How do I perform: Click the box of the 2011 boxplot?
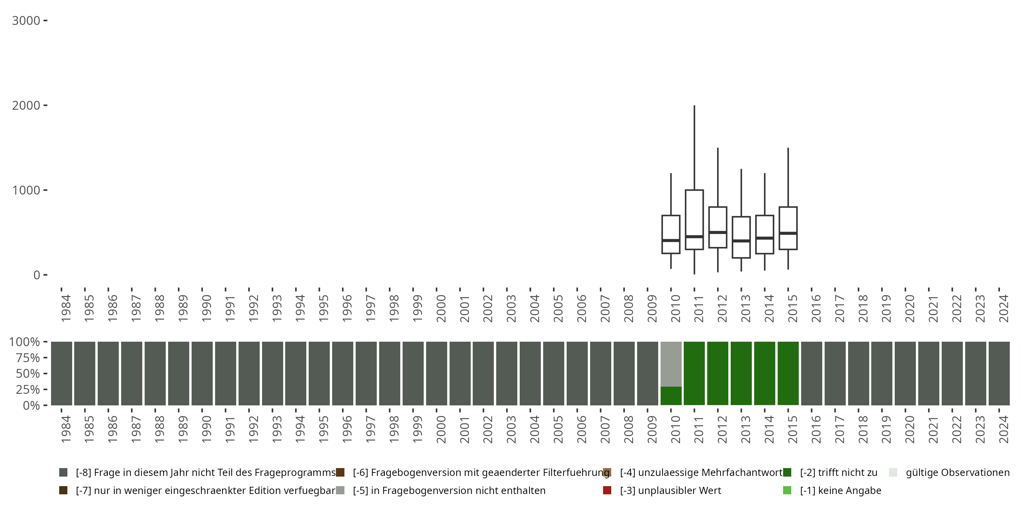[x=694, y=214]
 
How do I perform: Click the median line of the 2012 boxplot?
[x=718, y=232]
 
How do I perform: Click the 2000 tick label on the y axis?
[x=26, y=106]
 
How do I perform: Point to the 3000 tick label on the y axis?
[x=26, y=21]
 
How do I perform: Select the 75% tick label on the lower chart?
[x=25, y=358]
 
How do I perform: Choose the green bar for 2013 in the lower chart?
[x=741, y=373]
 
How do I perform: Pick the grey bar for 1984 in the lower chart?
[x=62, y=373]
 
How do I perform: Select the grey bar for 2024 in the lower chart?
[x=999, y=373]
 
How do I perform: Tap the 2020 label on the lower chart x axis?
[x=909, y=429]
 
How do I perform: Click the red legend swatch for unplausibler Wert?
[x=607, y=490]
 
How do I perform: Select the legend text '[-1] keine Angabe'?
[x=840, y=490]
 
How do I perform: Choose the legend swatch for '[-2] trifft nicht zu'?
[x=787, y=473]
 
